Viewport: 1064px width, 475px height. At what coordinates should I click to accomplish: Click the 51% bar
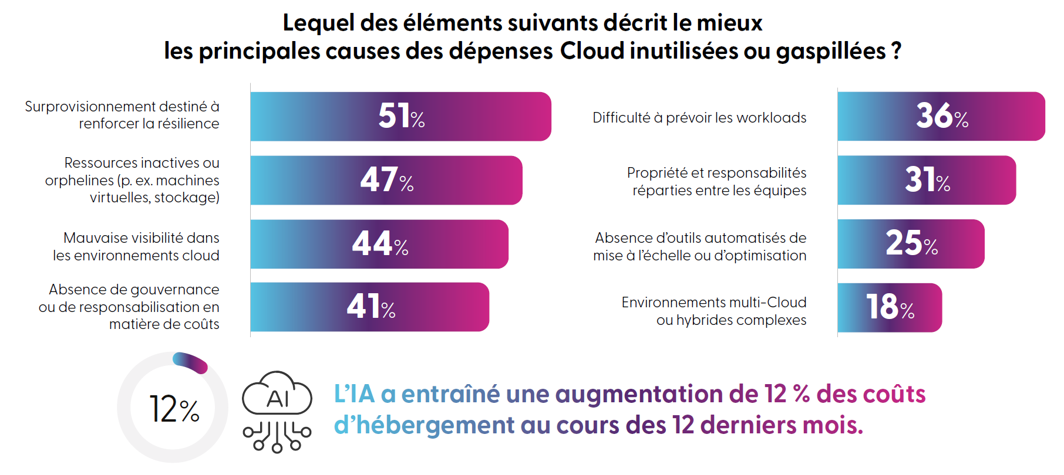point(400,116)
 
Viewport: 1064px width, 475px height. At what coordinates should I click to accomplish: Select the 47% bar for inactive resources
point(386,180)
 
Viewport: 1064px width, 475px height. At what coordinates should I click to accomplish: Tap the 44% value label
point(380,244)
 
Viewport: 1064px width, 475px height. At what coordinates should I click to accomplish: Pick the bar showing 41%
point(370,307)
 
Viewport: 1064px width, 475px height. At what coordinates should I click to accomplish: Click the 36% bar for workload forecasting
point(941,116)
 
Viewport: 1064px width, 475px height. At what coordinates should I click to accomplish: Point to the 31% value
point(927,180)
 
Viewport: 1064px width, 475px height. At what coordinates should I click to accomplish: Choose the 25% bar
point(911,244)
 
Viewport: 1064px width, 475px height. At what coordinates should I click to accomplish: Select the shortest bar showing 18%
point(890,307)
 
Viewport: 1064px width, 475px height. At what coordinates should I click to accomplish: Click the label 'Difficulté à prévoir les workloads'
point(699,118)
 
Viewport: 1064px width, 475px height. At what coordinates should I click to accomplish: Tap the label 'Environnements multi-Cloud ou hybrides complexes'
point(714,311)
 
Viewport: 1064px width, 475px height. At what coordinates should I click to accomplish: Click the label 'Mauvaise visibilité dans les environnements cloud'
point(136,246)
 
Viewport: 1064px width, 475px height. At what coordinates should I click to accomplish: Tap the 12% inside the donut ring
point(174,409)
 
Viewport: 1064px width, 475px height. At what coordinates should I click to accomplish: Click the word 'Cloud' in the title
point(592,51)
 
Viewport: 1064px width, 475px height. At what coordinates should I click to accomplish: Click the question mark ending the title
point(896,51)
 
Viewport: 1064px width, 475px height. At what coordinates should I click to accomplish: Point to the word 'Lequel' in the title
point(318,23)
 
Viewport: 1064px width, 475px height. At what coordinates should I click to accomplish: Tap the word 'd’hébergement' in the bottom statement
point(424,425)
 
